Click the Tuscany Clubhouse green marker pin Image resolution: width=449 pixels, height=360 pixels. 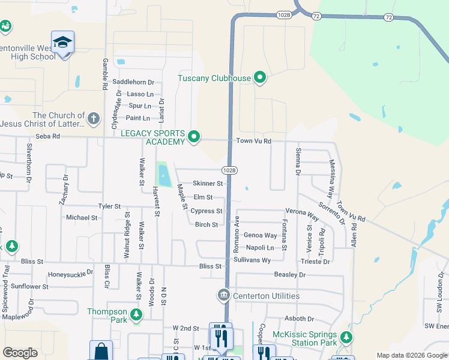pos(260,77)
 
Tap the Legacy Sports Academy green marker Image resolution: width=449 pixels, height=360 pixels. pos(193,137)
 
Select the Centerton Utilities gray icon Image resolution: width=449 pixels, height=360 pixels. pos(223,295)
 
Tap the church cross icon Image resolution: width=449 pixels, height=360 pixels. pos(93,118)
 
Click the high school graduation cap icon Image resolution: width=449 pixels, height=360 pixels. pos(62,43)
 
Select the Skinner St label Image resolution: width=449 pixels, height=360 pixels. pos(208,184)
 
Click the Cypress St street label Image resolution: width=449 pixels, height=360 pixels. pos(206,211)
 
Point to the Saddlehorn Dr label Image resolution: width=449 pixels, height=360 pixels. pos(133,82)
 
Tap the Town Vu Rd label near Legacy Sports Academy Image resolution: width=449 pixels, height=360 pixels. pos(254,141)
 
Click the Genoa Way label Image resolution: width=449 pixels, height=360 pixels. pos(260,236)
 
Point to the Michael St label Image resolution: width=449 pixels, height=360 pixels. pos(82,217)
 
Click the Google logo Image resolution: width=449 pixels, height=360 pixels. pos(20,353)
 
